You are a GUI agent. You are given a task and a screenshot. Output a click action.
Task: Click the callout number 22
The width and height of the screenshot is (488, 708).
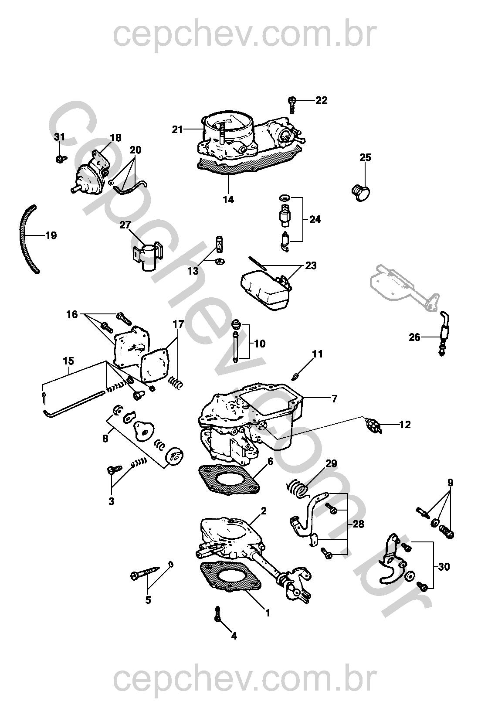[321, 100]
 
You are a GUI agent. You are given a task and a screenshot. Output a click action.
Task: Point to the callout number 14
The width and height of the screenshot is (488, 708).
[228, 200]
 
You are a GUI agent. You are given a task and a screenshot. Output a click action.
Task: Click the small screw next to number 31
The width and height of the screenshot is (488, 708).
[61, 159]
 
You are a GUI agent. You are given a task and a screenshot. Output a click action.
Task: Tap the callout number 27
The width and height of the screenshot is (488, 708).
[125, 225]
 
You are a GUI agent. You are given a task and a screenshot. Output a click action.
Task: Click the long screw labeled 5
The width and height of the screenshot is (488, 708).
[147, 572]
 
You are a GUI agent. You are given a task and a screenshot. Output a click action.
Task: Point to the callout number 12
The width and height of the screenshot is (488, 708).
[405, 424]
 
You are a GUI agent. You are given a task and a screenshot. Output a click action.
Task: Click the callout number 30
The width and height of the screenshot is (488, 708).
[444, 567]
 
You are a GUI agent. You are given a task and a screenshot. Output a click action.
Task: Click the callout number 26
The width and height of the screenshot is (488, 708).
[414, 337]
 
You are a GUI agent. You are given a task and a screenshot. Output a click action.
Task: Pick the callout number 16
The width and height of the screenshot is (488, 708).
[72, 314]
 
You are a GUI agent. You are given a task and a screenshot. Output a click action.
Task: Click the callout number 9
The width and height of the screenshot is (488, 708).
[450, 483]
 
